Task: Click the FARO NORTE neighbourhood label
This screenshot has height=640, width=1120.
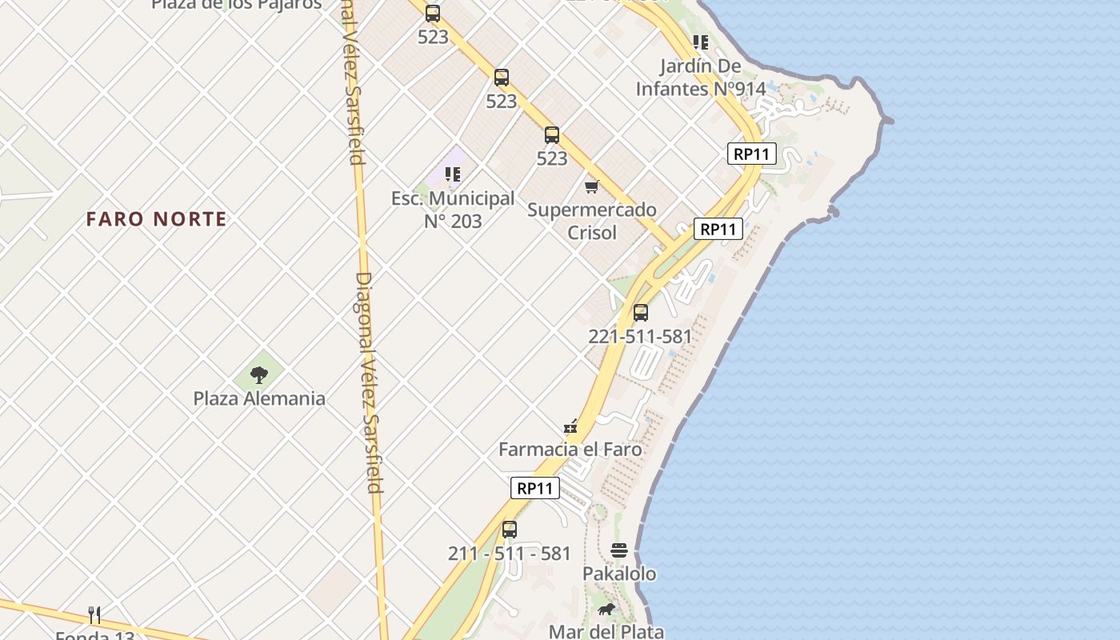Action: coord(157,219)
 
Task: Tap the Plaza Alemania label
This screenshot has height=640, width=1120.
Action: coord(259,398)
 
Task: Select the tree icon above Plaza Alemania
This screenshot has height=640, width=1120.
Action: coord(258,374)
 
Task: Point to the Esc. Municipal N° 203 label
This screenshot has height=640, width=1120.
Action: coord(453,210)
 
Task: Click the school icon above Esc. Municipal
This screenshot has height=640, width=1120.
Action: coord(453,174)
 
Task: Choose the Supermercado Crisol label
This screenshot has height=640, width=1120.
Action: coord(592,221)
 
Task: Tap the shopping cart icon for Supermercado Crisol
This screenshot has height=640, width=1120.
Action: coord(592,186)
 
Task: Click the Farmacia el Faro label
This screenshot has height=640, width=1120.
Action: coord(570,450)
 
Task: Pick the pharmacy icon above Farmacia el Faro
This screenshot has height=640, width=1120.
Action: coord(570,426)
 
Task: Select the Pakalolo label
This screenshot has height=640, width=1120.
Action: coord(619,574)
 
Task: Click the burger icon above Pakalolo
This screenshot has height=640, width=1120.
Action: coord(619,550)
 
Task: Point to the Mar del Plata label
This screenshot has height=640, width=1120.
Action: coord(606,631)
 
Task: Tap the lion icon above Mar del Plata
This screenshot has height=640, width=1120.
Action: coord(607,610)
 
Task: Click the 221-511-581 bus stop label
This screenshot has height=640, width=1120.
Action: coord(640,337)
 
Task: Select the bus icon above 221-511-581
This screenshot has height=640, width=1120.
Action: coord(641,313)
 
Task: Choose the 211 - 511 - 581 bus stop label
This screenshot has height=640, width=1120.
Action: coord(510,554)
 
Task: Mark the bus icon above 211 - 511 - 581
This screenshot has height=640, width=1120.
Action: coord(510,530)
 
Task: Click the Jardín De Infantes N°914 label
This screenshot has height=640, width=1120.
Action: coord(701,78)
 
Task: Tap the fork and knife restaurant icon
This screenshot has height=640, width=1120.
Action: coord(94,614)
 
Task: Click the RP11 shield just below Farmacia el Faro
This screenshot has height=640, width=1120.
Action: coord(535,488)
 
